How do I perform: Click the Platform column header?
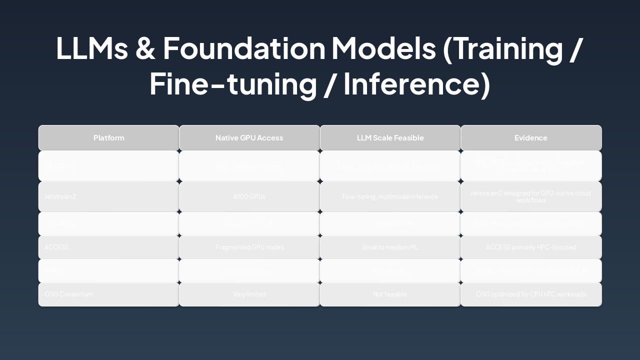108,138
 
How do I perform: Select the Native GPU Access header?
249,138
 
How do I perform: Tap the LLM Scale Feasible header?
390,138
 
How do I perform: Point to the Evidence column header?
530,138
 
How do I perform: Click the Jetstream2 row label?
60,197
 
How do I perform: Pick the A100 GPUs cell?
249,197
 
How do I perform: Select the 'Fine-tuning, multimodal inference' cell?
390,197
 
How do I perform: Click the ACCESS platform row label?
56,247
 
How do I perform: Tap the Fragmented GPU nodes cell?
249,247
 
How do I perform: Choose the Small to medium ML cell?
390,247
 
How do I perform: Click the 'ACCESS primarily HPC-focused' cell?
530,247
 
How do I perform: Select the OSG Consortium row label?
68,294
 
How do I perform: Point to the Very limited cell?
249,294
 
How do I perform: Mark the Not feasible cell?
390,294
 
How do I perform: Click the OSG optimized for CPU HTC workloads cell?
530,294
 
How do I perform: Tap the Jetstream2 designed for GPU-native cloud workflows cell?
530,196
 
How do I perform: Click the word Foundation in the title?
244,48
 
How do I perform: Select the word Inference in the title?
416,84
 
